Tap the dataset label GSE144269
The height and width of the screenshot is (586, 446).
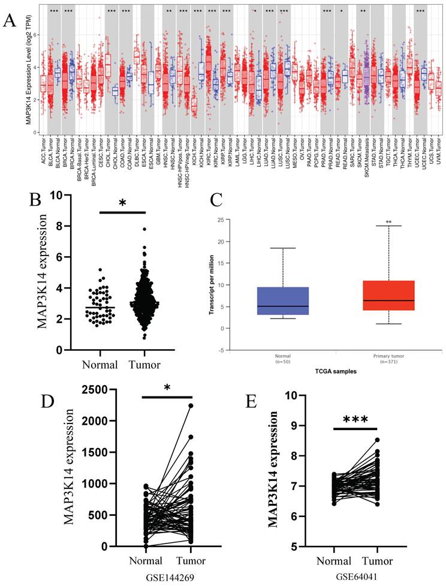(161, 576)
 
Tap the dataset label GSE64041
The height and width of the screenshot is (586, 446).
(357, 576)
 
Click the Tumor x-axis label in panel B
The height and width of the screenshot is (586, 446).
(144, 363)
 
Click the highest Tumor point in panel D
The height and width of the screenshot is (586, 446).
(191, 405)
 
